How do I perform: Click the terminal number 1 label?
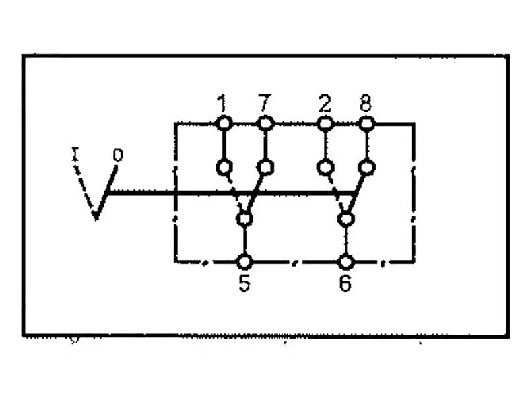[x=222, y=104]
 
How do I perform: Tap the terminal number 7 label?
[x=264, y=103]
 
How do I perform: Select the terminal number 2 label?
[x=325, y=104]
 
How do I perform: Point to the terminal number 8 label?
[x=366, y=103]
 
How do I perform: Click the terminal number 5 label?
[x=244, y=284]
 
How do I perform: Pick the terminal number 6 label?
[x=345, y=284]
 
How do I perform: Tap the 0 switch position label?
[x=118, y=155]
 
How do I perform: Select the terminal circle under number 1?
[x=224, y=123]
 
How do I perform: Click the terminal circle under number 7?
[x=266, y=123]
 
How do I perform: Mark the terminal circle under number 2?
[x=325, y=124]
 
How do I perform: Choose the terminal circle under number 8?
[x=366, y=123]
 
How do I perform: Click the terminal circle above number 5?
[x=245, y=262]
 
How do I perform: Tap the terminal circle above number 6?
[x=345, y=262]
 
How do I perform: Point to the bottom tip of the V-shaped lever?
[x=96, y=220]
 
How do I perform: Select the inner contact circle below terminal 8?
[x=367, y=167]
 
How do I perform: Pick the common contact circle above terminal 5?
[x=245, y=219]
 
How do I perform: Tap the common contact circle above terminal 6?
[x=345, y=219]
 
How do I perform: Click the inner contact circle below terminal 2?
[x=325, y=167]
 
